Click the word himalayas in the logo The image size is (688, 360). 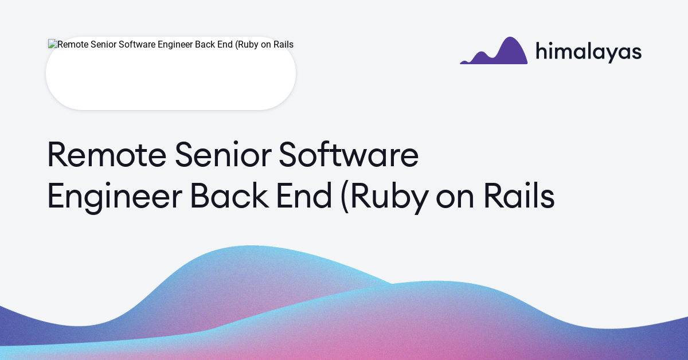(x=588, y=52)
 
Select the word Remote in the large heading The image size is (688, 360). (x=106, y=155)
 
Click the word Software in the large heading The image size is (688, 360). (x=348, y=155)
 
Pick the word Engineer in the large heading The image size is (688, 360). (x=114, y=197)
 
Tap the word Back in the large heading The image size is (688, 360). (x=229, y=197)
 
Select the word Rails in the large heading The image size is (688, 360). (x=519, y=197)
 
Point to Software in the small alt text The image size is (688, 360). (x=138, y=45)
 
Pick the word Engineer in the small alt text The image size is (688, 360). (x=176, y=45)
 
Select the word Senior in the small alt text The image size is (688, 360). (x=103, y=45)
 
